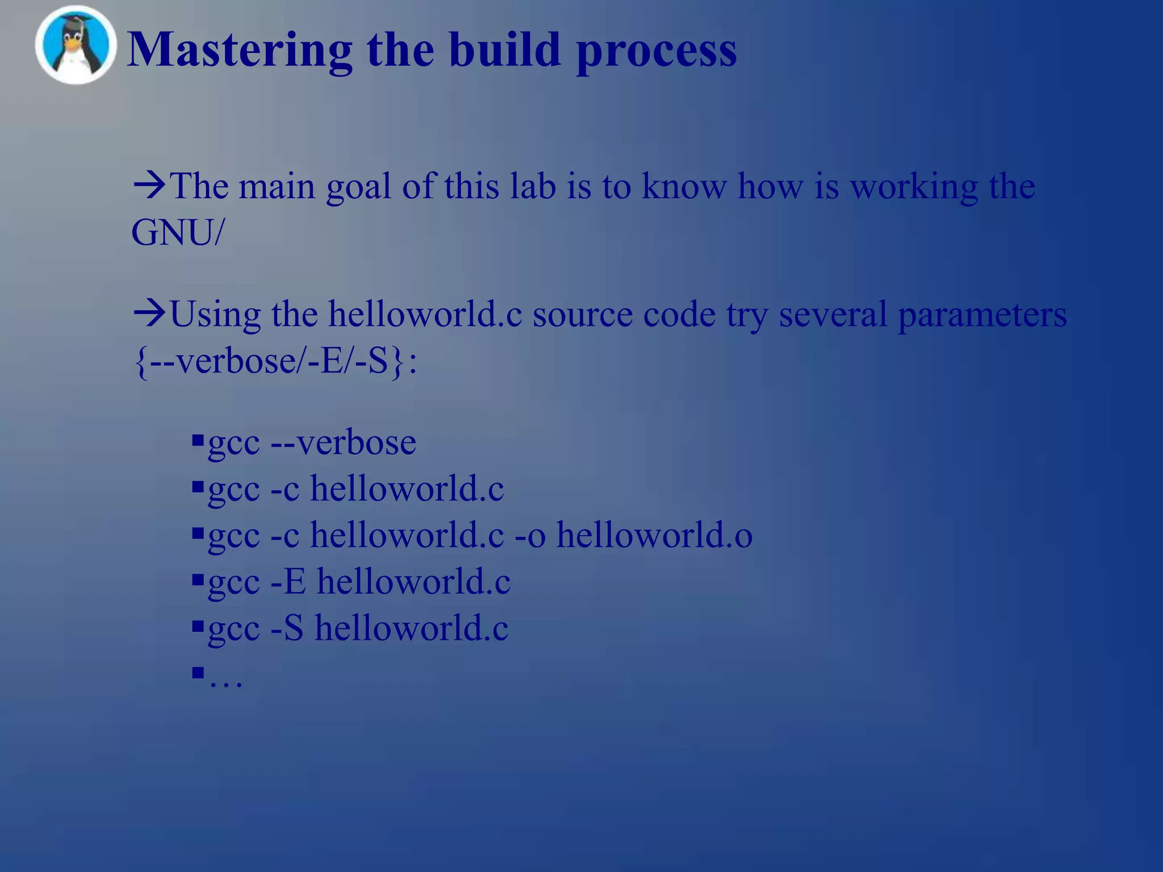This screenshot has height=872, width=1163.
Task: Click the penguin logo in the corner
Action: pos(76,45)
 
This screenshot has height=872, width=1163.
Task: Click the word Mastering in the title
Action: pos(239,50)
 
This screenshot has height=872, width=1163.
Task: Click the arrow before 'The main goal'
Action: pos(149,185)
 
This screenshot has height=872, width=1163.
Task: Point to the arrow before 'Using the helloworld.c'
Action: pos(149,313)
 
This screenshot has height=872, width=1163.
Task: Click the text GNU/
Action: pos(178,233)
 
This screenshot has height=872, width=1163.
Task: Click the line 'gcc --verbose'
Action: pos(312,443)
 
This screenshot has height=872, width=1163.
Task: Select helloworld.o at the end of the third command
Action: pos(654,535)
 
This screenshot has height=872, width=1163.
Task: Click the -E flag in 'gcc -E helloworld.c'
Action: pos(288,582)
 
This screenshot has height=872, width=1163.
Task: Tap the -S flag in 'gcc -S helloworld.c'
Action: pos(287,628)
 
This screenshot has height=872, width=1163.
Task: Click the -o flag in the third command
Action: pos(530,536)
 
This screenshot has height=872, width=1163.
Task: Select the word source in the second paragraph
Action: pos(582,315)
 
